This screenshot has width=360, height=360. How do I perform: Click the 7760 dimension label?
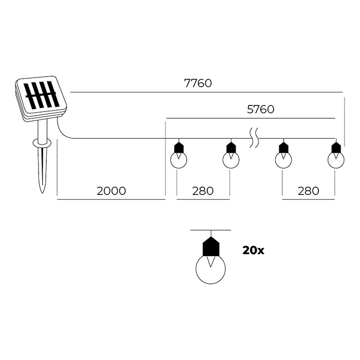point(198,83)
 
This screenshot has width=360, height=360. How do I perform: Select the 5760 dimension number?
point(261,109)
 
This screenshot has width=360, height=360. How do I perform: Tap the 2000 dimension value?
point(112,191)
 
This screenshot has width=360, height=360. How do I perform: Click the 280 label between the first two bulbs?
point(203,191)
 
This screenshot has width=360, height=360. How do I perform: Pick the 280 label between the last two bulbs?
point(309,191)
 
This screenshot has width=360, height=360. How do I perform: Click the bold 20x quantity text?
point(253,250)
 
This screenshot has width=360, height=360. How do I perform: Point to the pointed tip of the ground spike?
point(43,192)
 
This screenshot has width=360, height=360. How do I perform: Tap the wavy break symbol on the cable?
point(254,138)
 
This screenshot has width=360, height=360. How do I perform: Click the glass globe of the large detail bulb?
point(211,269)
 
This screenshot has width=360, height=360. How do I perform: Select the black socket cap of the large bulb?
point(211,246)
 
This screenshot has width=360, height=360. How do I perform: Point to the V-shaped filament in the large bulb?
point(211,262)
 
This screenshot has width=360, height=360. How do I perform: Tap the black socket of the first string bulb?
point(178,148)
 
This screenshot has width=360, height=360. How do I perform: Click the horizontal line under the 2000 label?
point(111,200)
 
